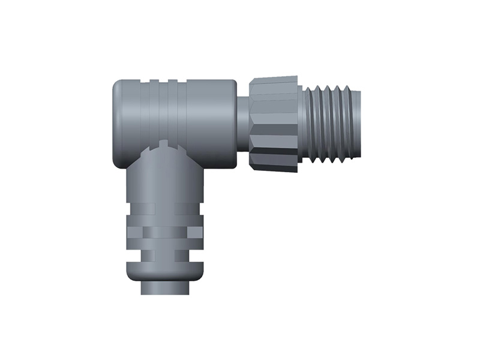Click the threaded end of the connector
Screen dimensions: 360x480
point(333,124)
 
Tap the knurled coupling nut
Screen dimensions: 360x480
point(274,124)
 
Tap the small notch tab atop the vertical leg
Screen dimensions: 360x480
point(164,145)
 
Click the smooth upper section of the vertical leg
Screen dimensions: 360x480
point(164,180)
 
